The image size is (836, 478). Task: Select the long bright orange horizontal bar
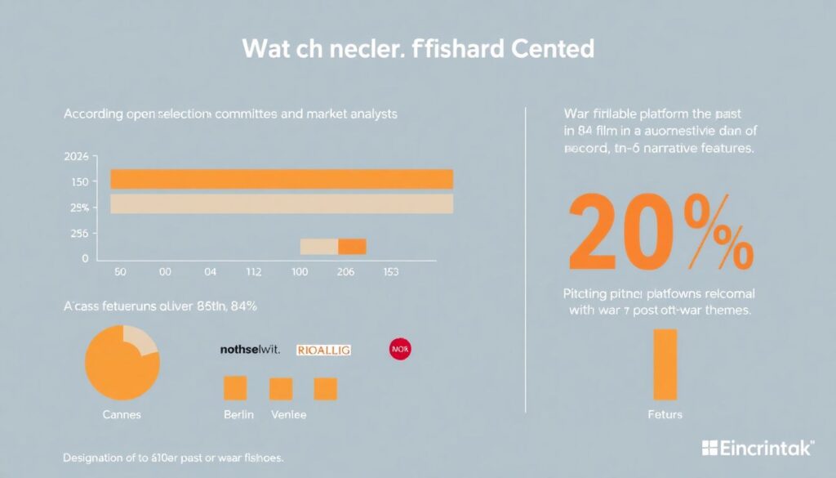(282, 179)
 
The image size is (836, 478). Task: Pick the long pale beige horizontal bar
(282, 203)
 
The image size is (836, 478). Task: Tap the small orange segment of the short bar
(352, 247)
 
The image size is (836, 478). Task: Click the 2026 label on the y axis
(75, 156)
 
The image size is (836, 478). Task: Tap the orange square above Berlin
(235, 388)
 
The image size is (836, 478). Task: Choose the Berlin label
(238, 415)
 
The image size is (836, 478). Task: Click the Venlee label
(288, 415)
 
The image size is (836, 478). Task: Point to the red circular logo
(401, 350)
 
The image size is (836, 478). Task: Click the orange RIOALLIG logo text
(323, 350)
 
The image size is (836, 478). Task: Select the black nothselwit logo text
(250, 350)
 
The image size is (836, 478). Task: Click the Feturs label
(665, 415)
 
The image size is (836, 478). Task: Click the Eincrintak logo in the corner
(757, 448)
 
